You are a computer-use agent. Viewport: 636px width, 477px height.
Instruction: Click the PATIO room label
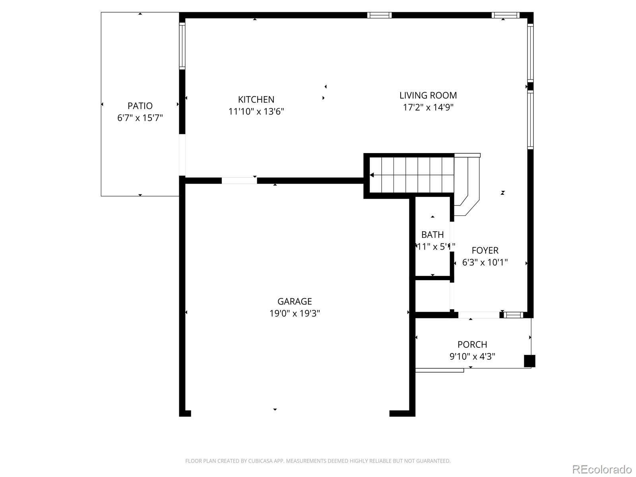[140, 106]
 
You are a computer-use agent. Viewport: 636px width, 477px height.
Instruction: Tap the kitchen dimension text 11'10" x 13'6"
[256, 112]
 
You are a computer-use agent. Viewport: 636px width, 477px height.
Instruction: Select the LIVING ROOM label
[428, 95]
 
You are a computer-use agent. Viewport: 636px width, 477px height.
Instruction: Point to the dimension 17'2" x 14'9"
[428, 107]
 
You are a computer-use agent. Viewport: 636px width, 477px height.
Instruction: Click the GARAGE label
[295, 301]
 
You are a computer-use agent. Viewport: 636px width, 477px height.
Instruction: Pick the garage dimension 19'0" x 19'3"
[295, 314]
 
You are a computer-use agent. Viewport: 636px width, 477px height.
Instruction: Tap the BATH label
[432, 235]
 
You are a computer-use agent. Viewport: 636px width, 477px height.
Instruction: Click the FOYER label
[485, 250]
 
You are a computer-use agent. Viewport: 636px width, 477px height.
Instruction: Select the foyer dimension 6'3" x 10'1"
[485, 262]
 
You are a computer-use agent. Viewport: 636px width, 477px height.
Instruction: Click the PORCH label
[472, 345]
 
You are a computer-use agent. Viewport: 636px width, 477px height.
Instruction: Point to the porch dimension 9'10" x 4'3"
[472, 357]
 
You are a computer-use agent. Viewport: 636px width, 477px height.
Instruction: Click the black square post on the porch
[529, 361]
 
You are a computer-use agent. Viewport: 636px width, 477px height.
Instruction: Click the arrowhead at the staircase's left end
[372, 175]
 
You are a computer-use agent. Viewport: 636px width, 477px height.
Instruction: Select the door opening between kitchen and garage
[239, 181]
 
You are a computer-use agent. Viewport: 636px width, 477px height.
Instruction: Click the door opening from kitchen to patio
[182, 155]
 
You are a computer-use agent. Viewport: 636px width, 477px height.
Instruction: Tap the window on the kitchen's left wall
[182, 46]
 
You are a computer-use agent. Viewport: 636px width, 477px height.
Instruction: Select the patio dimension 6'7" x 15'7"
[140, 118]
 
